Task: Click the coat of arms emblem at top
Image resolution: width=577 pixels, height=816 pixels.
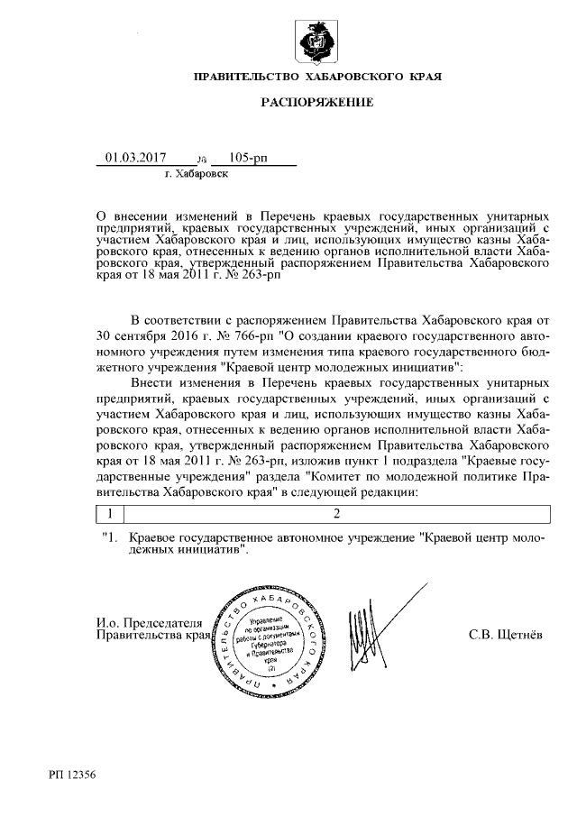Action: click(x=316, y=41)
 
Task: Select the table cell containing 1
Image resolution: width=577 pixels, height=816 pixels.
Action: click(x=109, y=514)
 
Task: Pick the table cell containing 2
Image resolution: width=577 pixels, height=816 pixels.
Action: click(x=336, y=514)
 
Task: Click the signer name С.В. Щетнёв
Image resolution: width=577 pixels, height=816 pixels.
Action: click(x=506, y=637)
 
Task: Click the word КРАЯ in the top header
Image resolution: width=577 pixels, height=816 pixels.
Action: click(x=424, y=78)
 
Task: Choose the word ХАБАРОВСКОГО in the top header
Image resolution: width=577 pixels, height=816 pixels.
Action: click(x=353, y=78)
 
